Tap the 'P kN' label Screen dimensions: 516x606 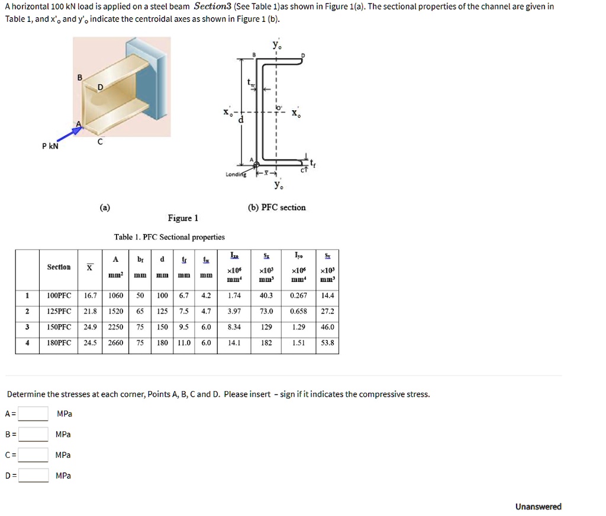(x=50, y=146)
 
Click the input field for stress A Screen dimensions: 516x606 (x=33, y=414)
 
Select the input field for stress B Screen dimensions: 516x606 (x=33, y=434)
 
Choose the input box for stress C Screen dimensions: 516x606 (x=33, y=455)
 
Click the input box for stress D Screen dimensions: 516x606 (x=33, y=475)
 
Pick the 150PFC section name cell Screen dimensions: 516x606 (x=59, y=327)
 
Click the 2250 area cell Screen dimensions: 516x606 (x=115, y=327)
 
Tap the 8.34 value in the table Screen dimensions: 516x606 (x=234, y=327)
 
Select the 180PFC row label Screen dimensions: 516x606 (x=59, y=342)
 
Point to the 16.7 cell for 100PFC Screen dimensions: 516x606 (x=90, y=295)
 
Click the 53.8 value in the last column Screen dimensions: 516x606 (x=327, y=342)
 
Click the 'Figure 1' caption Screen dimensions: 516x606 (x=183, y=218)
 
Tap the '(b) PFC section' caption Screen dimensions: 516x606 (x=276, y=207)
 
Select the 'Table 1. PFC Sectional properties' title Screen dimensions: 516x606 (x=169, y=237)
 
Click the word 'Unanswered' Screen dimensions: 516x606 (x=538, y=507)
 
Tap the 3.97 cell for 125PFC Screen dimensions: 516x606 (x=234, y=311)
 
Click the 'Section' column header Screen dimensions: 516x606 (x=59, y=267)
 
